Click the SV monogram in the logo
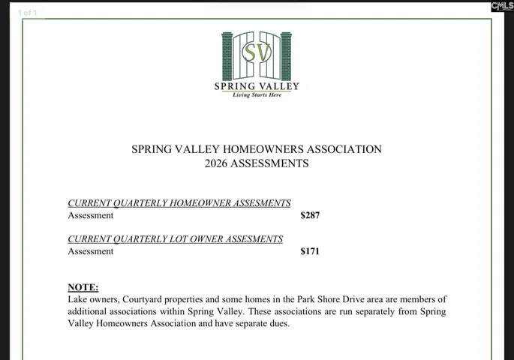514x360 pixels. point(257,52)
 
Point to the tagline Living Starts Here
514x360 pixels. point(257,95)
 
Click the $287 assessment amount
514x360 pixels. point(310,215)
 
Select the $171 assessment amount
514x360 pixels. point(310,251)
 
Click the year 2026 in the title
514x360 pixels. point(218,163)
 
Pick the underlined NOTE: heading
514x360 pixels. point(83,287)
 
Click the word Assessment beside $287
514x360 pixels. point(91,215)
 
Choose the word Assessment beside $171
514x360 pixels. point(91,251)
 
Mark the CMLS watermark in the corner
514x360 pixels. point(502,7)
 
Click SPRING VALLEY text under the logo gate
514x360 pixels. point(257,85)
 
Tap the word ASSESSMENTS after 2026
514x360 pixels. point(272,163)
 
